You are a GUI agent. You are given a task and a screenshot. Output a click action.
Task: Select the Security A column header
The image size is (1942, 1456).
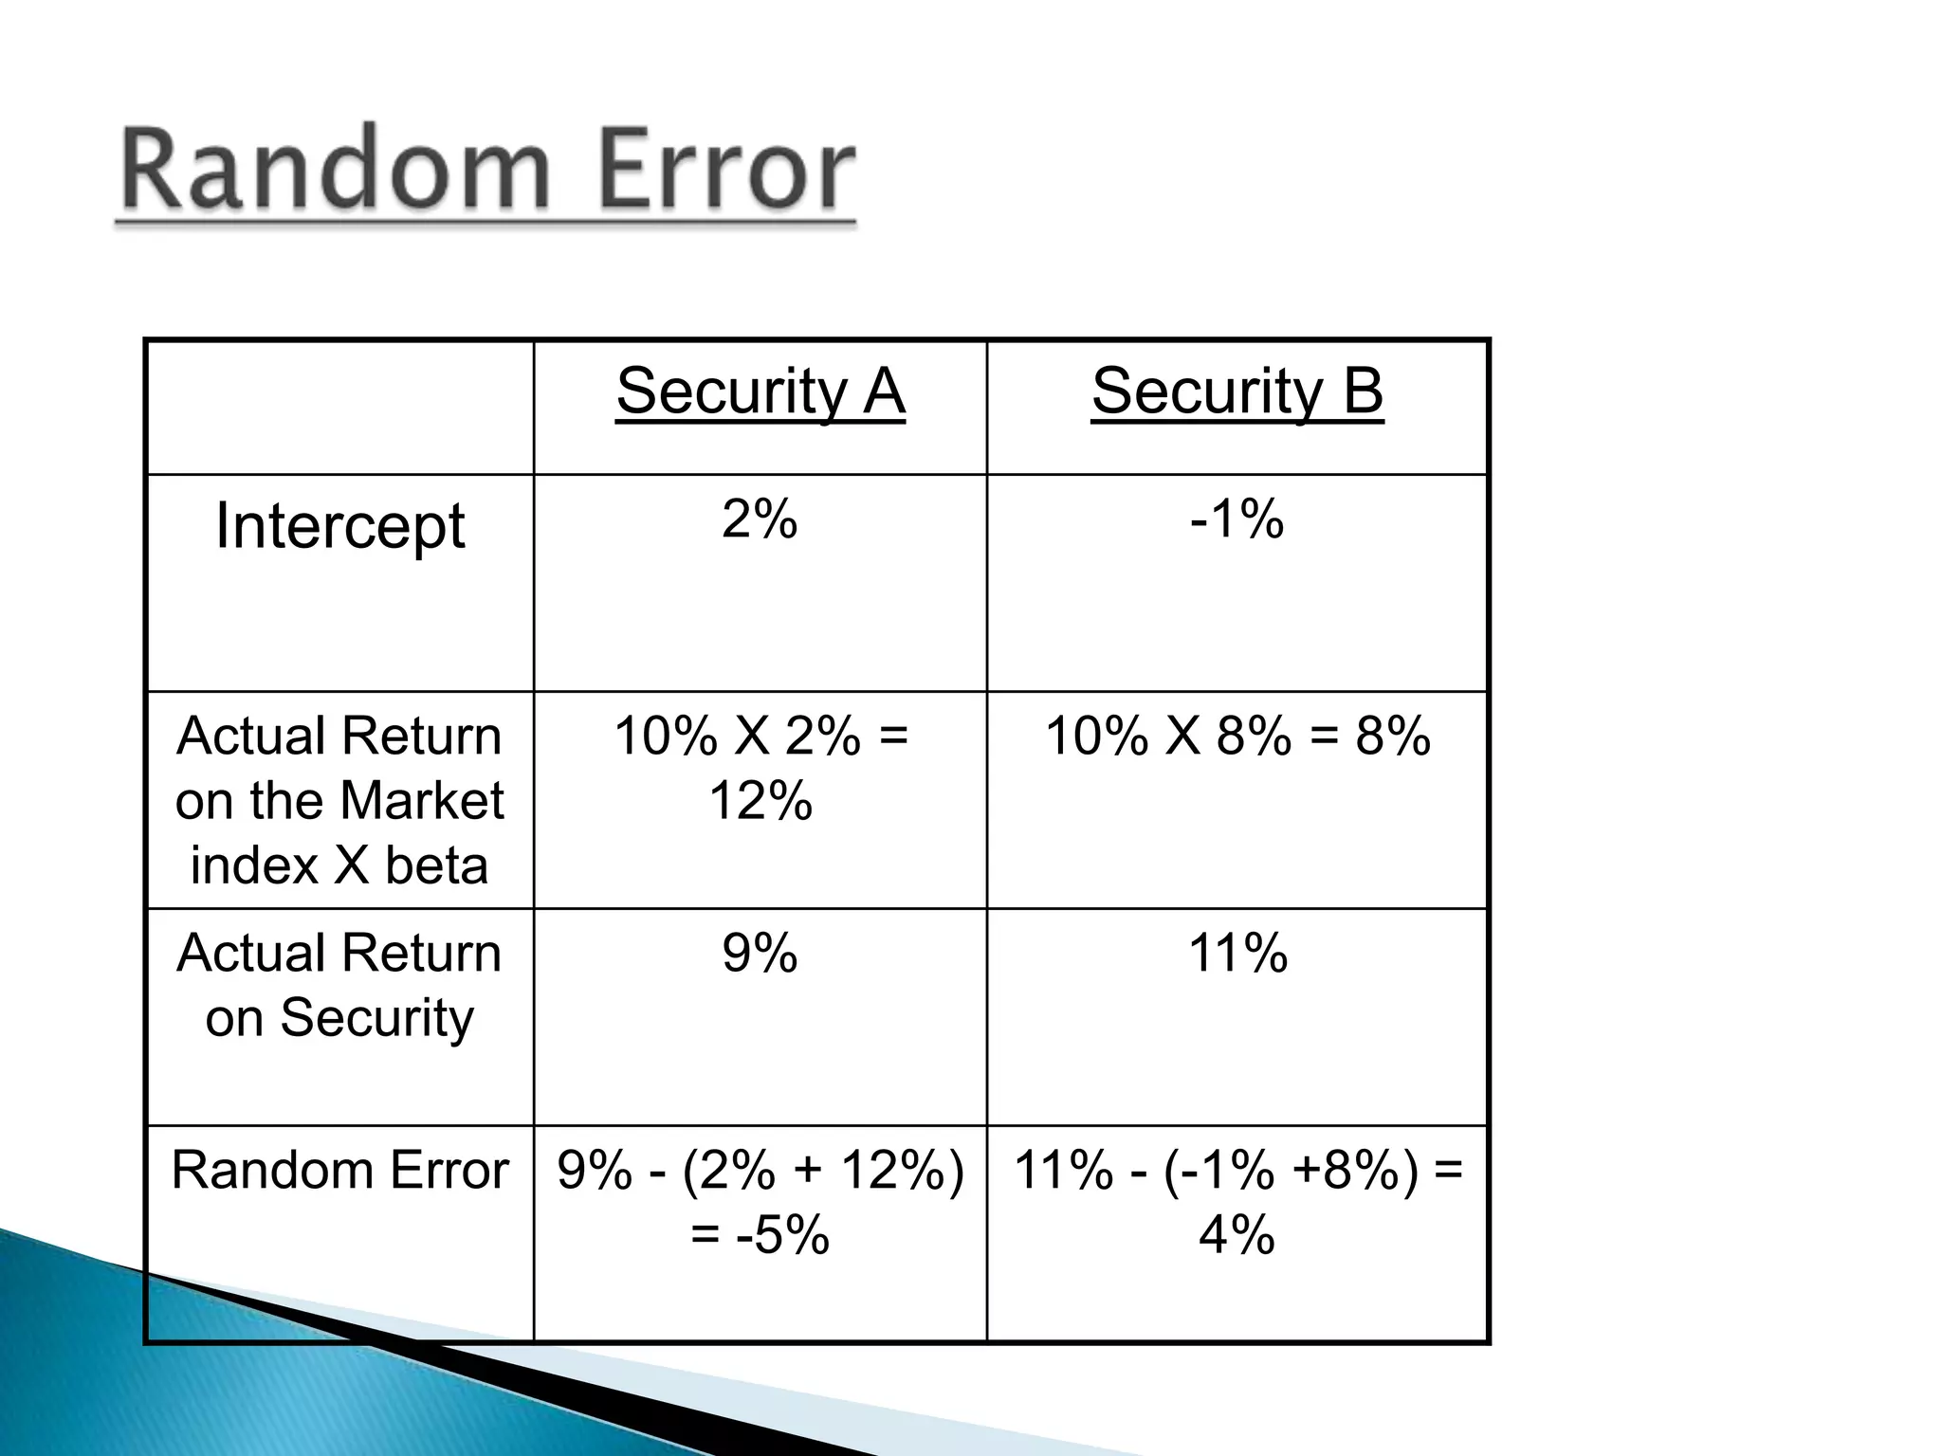point(760,391)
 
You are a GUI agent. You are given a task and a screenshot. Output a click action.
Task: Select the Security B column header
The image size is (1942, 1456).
point(1237,391)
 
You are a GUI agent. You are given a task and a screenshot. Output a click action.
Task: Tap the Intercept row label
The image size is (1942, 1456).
point(339,526)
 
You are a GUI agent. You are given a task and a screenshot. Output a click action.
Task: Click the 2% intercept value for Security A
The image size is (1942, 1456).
point(760,519)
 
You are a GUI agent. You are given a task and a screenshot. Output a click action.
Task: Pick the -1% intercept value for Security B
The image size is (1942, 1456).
point(1237,519)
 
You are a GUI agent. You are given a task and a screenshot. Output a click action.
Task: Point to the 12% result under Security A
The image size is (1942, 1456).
point(760,801)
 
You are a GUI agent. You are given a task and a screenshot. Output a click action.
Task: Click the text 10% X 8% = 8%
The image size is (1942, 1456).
point(1237,736)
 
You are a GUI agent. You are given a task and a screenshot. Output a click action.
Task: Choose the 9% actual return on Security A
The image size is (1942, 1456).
point(760,953)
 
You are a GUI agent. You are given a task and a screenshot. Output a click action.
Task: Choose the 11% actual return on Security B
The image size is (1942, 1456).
point(1237,953)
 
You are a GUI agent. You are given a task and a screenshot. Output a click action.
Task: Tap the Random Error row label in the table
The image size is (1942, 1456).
point(339,1170)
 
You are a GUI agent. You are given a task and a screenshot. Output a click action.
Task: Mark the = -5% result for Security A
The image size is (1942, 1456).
point(760,1235)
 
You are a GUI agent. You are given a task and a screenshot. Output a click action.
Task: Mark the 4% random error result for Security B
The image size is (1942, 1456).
point(1237,1235)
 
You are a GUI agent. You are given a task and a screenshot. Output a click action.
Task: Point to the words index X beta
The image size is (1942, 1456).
point(339,865)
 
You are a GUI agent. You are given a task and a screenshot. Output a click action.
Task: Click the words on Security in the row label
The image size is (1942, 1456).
point(339,1018)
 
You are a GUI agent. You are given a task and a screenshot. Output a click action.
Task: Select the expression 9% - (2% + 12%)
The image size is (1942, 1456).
point(760,1170)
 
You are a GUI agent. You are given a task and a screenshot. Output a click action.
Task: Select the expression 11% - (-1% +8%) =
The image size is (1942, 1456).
point(1237,1170)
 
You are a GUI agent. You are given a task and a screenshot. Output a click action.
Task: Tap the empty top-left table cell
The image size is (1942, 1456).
point(339,408)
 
